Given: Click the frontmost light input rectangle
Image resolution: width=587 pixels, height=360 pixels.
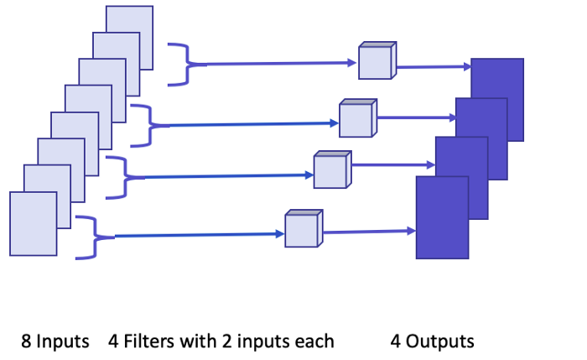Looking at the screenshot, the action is pos(34,224).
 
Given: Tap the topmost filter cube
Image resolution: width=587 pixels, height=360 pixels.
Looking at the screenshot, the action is pos(377,60).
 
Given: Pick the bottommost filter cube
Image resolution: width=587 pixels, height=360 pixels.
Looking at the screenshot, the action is pos(304,228).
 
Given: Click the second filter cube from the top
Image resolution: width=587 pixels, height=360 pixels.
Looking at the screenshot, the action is pos(358,118).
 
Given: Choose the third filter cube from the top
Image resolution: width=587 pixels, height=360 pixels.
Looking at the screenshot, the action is pos(332,170).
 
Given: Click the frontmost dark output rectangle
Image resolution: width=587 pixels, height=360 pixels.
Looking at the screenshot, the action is pos(442,217).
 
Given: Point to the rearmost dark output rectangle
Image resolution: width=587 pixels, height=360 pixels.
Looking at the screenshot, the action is pos(497,100).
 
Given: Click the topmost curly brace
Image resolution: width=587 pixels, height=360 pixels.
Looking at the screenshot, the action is pos(186,65).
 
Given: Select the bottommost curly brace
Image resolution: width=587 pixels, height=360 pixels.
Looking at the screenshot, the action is pos(95,237).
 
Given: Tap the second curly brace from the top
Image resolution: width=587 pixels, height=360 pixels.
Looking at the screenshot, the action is pos(150,126).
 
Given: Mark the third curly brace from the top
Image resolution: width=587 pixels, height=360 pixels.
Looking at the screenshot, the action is pos(125,178).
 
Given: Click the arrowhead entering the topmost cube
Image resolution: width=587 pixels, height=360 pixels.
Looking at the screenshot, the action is pos(352,63).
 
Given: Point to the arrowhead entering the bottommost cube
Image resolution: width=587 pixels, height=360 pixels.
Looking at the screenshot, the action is pos(279,234).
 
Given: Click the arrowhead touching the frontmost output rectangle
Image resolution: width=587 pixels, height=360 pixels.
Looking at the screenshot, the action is pos(411,231).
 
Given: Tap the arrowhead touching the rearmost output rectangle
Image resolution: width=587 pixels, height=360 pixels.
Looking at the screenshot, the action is pos(467,66).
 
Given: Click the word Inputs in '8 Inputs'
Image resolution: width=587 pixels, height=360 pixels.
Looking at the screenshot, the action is pos(63,342).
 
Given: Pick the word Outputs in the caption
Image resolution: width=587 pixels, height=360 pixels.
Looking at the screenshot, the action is pos(440,342).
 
